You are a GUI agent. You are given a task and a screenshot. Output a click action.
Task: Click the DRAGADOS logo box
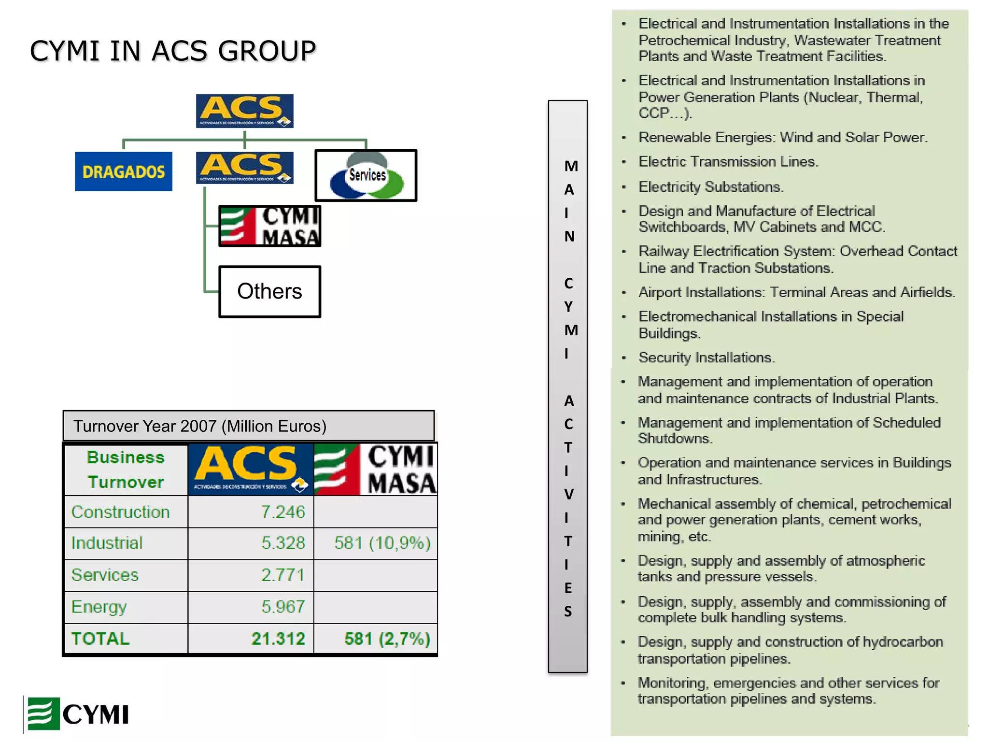tap(123, 171)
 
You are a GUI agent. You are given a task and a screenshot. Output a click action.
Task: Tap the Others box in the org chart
tap(269, 291)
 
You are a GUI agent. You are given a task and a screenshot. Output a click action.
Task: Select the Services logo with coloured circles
tap(366, 175)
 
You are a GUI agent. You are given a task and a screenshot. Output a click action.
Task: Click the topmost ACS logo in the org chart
tap(244, 111)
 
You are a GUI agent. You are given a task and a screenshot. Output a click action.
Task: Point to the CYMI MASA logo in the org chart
tap(269, 226)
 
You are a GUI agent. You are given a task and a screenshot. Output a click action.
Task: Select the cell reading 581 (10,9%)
tap(382, 543)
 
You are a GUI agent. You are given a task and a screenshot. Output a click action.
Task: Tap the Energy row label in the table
tap(99, 607)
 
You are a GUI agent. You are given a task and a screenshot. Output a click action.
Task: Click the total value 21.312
tap(278, 639)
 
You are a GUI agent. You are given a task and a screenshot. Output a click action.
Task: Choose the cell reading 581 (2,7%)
tap(387, 639)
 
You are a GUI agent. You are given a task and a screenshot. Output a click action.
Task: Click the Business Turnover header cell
tap(126, 470)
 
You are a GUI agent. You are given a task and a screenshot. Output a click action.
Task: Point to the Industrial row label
tap(107, 543)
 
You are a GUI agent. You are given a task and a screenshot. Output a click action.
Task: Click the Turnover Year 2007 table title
tap(200, 426)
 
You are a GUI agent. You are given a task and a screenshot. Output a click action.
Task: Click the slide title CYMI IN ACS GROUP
tap(172, 51)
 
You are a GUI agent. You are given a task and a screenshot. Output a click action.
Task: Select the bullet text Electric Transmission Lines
tap(728, 162)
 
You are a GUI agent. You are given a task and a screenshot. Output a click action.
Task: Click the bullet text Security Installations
tap(706, 357)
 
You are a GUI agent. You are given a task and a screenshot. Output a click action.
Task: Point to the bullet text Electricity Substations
tap(711, 187)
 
